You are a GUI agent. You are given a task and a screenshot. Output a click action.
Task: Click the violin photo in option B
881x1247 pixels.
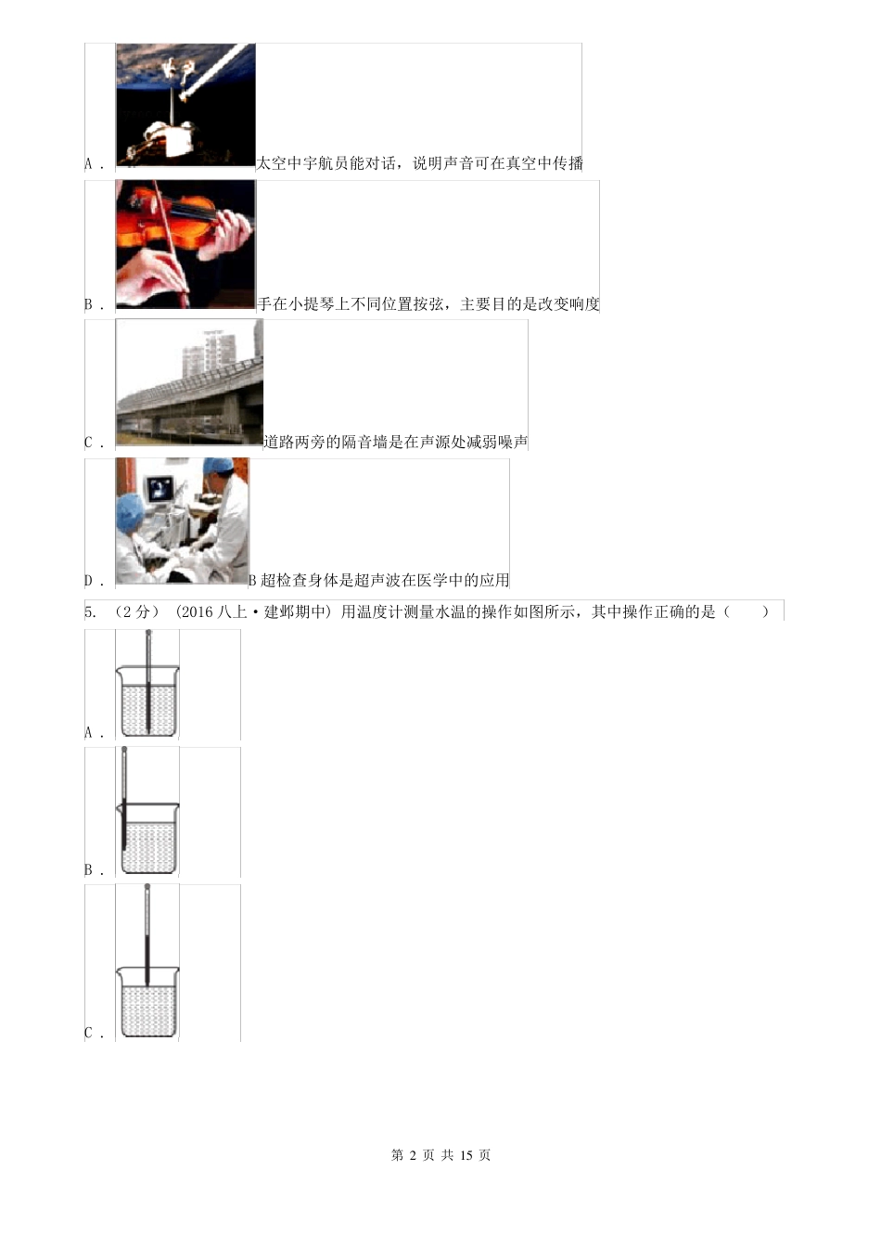pos(185,244)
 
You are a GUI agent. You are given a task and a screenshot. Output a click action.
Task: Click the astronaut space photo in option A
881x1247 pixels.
pos(185,105)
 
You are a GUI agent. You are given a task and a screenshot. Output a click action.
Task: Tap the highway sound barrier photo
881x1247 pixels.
pos(189,382)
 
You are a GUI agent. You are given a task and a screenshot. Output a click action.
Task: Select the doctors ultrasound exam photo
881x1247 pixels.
pos(182,521)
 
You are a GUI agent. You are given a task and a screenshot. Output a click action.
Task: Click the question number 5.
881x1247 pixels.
pos(90,611)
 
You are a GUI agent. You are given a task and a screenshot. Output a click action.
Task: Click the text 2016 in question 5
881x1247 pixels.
pos(199,611)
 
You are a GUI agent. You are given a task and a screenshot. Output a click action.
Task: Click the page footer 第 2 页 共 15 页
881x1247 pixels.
pos(440,1155)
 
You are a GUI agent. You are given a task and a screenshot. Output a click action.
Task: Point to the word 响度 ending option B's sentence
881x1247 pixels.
pos(583,303)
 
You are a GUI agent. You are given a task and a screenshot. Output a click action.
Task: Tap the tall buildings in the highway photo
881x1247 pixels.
pos(217,350)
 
